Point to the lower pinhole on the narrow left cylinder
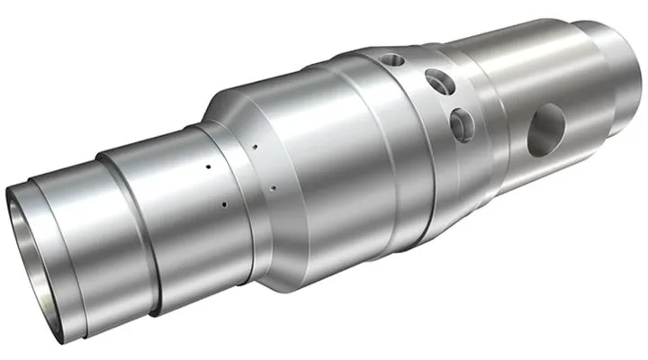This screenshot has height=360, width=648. coord(222,204)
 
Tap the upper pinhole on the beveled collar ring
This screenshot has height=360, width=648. coord(256,144)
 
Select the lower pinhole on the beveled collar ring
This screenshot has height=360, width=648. coord(271,188)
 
